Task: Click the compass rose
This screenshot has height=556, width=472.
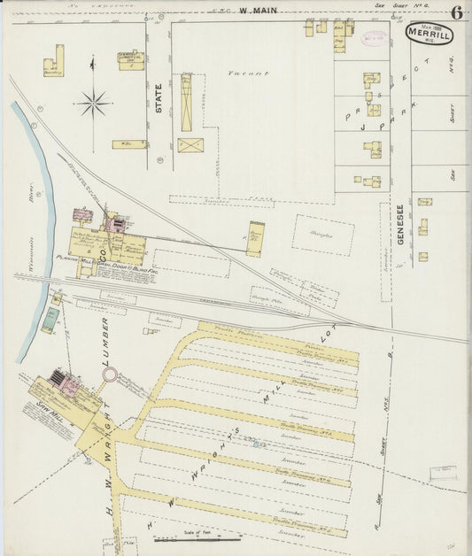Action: [x=92, y=104]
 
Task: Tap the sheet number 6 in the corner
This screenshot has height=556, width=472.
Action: [x=456, y=12]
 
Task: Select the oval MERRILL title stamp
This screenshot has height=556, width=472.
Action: [x=429, y=35]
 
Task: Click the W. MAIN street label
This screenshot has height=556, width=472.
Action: [x=258, y=10]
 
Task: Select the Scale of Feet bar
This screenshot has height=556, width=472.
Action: [x=185, y=537]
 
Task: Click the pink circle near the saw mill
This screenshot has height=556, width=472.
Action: [x=109, y=376]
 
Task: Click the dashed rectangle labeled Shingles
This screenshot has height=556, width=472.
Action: [x=322, y=235]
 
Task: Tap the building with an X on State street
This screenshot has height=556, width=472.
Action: [x=190, y=144]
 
